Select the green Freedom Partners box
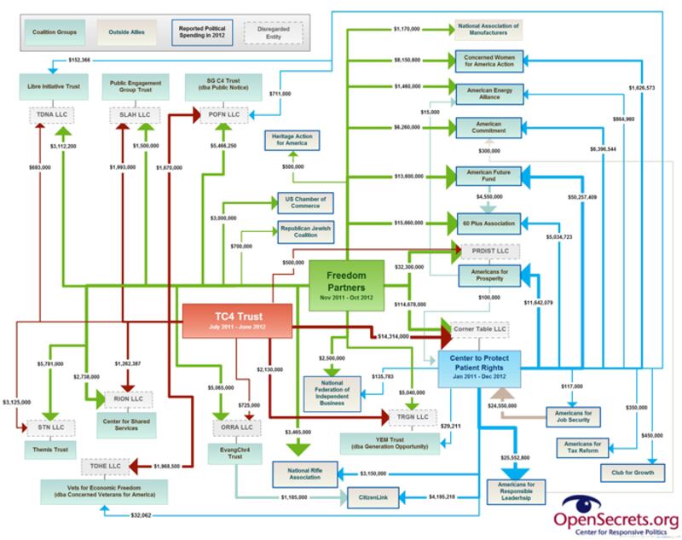pos(348,282)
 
